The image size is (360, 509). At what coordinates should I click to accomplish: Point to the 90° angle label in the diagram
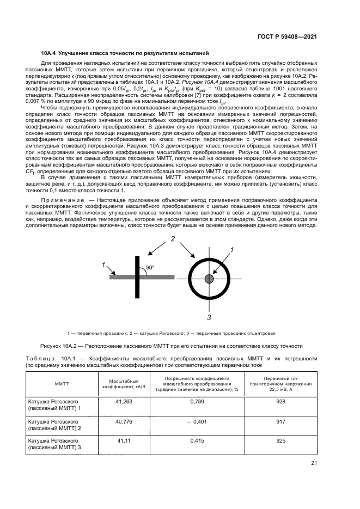coord(150,268)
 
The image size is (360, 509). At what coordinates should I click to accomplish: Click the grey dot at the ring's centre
coord(209,279)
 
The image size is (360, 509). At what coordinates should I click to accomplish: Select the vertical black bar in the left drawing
coord(135,277)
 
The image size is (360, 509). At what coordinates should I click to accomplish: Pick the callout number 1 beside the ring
coord(231,250)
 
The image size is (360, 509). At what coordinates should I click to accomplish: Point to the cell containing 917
coord(280,421)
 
